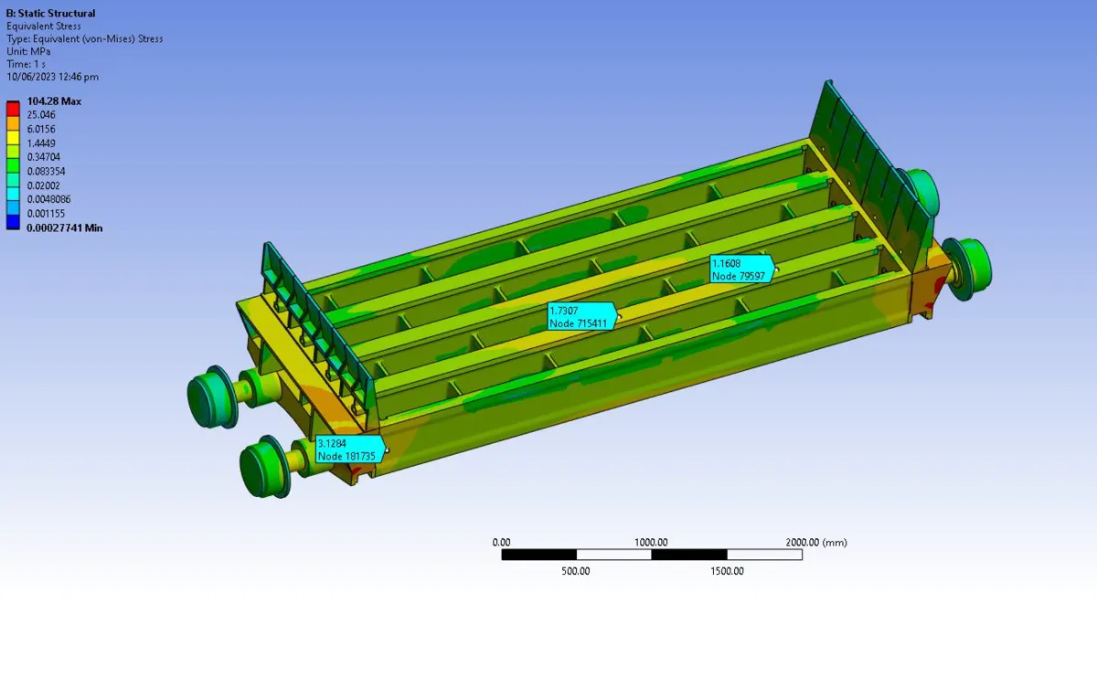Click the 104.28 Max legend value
[54, 101]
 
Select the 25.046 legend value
[41, 115]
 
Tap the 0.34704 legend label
[44, 157]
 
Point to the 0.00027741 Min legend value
[65, 228]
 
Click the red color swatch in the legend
[13, 109]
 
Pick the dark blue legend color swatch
[13, 222]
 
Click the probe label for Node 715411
[581, 317]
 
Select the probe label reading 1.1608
[742, 270]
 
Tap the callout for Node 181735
[349, 450]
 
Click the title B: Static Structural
[50, 13]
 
